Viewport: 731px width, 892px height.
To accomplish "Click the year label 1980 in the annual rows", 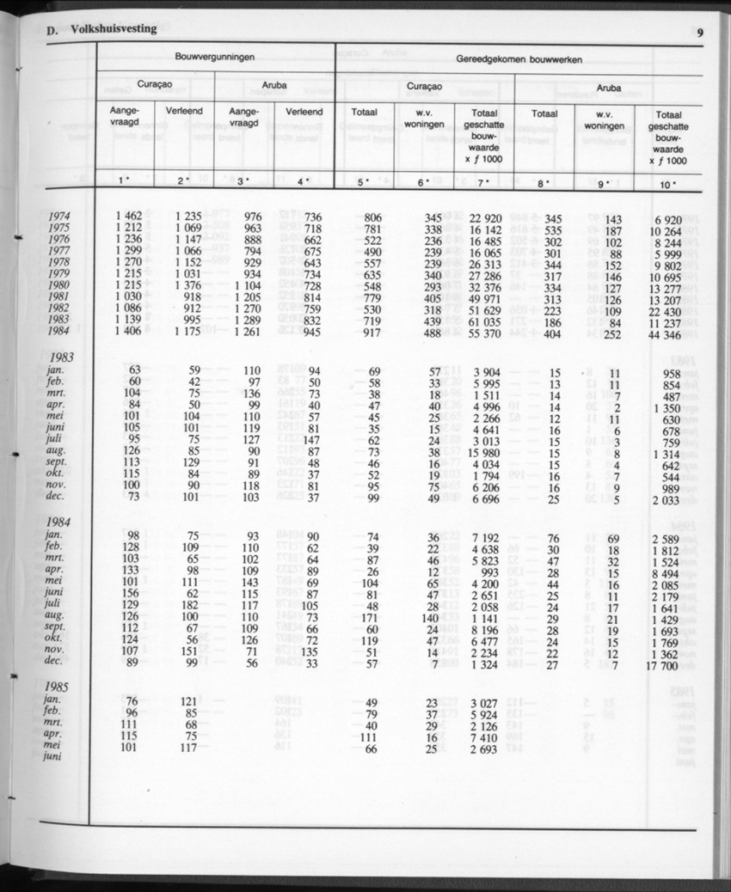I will tap(59, 286).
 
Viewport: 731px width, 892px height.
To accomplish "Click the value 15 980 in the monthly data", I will tap(486, 453).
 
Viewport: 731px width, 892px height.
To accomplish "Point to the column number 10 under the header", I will tap(667, 182).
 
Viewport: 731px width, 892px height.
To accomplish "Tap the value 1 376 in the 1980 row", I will tap(187, 286).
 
